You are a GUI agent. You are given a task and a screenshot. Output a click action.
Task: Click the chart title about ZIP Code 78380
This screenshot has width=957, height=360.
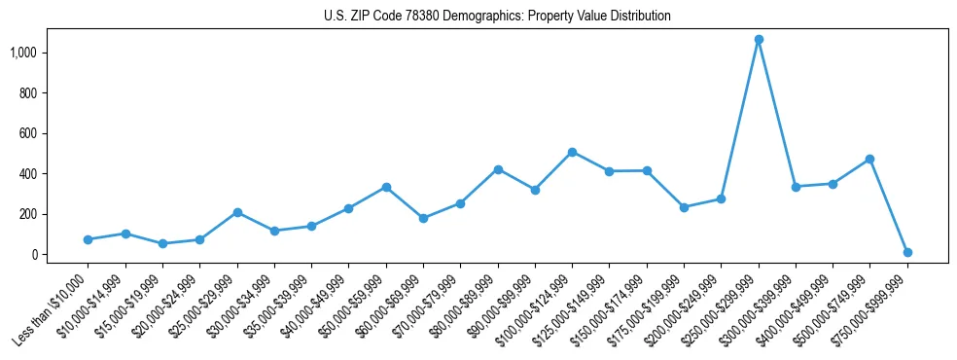[497, 16]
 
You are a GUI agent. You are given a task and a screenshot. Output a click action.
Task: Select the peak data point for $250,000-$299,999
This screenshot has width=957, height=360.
[759, 40]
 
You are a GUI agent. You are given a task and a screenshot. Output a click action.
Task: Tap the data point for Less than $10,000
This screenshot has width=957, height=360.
[88, 239]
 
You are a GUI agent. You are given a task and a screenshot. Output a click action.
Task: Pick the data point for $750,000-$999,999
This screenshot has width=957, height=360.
[907, 252]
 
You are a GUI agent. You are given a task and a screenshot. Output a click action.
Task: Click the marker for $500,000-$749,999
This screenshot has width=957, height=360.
[869, 159]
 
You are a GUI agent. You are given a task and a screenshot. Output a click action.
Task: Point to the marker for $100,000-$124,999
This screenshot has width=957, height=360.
[572, 152]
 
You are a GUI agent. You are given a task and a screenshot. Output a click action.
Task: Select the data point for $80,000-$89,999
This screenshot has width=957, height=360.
[498, 169]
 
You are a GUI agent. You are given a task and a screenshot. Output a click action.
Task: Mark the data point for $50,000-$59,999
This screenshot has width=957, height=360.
[386, 187]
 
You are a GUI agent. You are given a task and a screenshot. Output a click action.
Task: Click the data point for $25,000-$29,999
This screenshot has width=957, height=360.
[237, 212]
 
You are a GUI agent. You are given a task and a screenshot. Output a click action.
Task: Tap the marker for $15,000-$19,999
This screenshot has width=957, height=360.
[162, 243]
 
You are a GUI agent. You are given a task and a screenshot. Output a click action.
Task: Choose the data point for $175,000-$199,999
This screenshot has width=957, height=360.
[684, 207]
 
